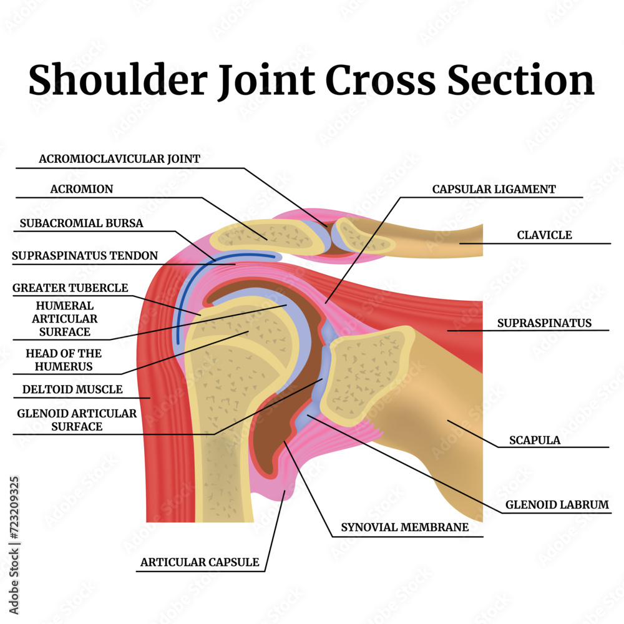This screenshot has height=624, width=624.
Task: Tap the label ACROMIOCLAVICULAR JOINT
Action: click(120, 159)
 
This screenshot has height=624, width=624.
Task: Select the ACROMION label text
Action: click(82, 189)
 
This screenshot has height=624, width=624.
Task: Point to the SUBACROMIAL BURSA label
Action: click(81, 223)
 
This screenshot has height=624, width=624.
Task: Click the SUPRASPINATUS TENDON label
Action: click(85, 256)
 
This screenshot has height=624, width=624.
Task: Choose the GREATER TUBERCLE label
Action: click(71, 288)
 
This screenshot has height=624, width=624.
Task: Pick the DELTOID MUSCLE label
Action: click(72, 389)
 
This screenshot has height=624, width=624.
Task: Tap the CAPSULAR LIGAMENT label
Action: click(494, 189)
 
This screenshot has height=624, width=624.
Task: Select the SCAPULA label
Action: click(535, 440)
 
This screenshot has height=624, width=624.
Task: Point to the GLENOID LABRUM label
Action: click(557, 505)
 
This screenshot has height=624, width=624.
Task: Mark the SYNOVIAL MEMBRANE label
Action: click(404, 527)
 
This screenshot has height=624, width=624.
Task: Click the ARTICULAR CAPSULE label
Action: click(200, 562)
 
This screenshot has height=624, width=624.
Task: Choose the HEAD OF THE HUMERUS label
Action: click(64, 360)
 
